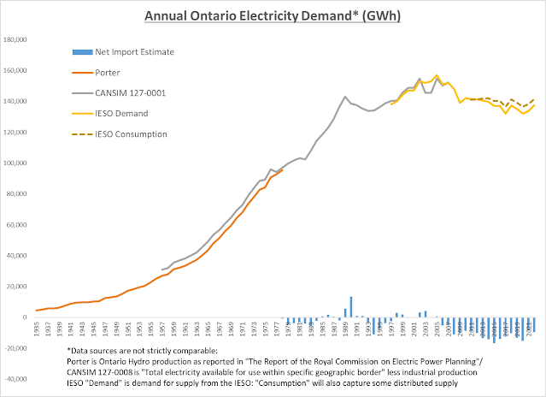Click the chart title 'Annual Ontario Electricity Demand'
(272, 16)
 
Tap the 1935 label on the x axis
(38, 329)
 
